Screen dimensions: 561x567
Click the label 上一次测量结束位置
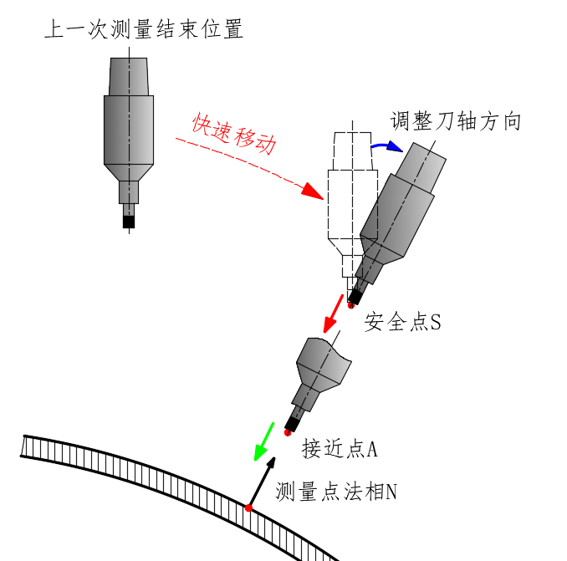click(143, 31)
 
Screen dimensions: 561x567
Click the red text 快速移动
click(233, 134)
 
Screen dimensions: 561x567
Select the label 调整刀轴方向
click(457, 121)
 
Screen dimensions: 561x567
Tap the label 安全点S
click(402, 322)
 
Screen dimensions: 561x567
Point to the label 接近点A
click(340, 449)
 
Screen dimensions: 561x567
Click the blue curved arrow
click(386, 148)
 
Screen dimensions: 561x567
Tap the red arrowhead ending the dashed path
click(312, 191)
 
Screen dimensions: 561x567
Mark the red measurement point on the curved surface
click(248, 507)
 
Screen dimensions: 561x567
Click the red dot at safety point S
click(351, 306)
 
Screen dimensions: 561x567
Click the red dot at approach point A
click(288, 432)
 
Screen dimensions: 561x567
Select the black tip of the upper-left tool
click(129, 222)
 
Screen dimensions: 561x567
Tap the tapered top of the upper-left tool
click(129, 76)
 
